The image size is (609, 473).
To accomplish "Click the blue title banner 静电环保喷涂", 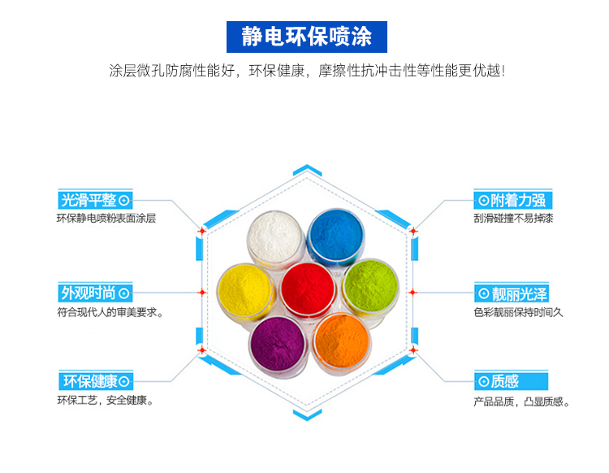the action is [x=306, y=37].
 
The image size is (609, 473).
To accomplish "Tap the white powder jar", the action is [x=275, y=238].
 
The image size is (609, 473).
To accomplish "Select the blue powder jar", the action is [x=336, y=236].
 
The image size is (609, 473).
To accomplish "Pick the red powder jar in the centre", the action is [x=307, y=289].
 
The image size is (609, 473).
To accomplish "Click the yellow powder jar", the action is [x=245, y=291].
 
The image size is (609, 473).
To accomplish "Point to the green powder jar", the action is [x=371, y=288].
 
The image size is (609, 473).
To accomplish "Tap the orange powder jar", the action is [x=342, y=343].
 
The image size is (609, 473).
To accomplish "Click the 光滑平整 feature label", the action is [x=95, y=200].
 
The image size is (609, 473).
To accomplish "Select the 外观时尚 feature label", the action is [x=95, y=293].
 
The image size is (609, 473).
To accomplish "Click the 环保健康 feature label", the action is [x=96, y=381].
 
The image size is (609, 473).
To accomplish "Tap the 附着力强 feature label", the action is [x=512, y=200].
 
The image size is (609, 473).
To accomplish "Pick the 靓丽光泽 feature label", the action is [x=512, y=293].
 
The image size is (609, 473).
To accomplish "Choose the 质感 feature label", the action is [x=511, y=381].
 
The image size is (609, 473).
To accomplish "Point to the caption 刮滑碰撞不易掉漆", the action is [x=513, y=219].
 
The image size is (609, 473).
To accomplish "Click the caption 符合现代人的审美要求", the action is [x=110, y=312].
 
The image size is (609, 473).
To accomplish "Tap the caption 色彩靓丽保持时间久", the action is [x=518, y=312].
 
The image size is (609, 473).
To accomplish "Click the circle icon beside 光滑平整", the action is [x=124, y=201].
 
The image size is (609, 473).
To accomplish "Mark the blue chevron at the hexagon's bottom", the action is [x=307, y=414].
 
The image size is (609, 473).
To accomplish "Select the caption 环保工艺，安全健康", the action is [x=105, y=400].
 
